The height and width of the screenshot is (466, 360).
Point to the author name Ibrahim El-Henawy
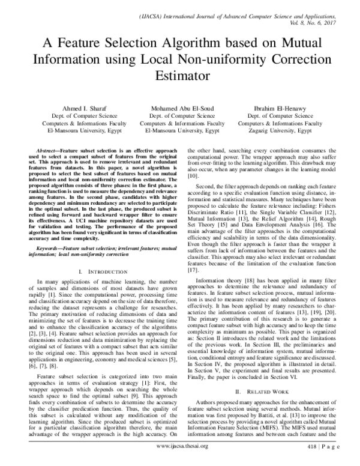(281, 107)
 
